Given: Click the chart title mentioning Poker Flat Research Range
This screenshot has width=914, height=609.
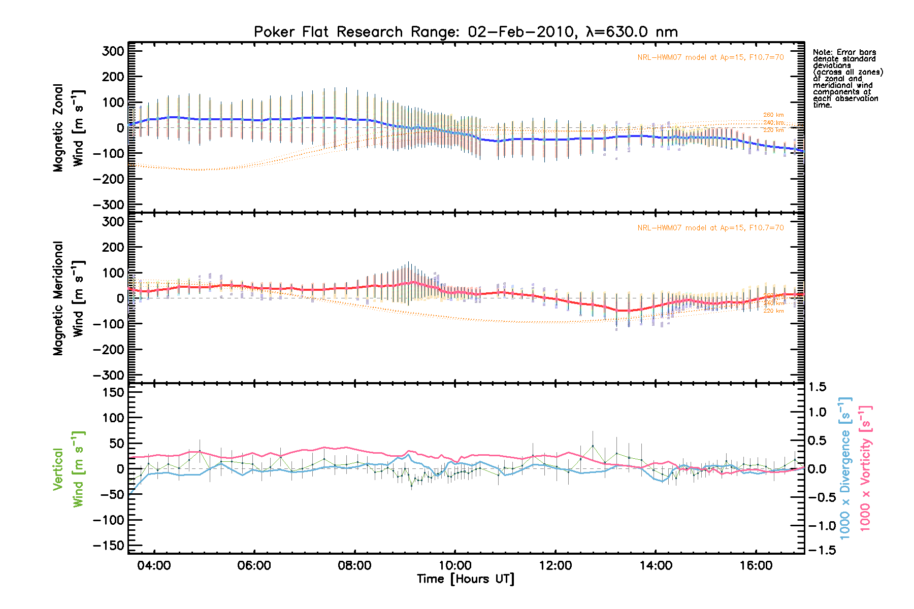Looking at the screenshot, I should (466, 32).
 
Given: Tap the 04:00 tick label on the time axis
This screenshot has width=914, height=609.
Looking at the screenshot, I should (154, 565).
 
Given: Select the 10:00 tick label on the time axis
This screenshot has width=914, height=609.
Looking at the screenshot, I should (455, 565).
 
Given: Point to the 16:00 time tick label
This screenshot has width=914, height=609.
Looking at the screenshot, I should (756, 565).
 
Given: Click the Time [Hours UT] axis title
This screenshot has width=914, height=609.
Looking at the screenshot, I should (466, 579).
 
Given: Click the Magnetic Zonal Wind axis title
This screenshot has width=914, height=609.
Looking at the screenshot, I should (68, 128).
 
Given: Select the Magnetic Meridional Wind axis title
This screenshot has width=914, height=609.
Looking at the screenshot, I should (68, 298).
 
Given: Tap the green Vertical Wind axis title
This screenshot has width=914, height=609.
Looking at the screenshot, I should (68, 469).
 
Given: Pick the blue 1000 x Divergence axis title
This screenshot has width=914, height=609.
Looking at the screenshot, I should (845, 468).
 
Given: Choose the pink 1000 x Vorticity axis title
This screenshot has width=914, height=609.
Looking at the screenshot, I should (865, 468).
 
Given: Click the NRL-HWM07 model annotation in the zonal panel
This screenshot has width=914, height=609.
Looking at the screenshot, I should (710, 57).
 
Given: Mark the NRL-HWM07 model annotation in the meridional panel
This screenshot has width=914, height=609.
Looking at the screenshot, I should (710, 228).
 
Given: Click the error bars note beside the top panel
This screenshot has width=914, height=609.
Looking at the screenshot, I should (847, 78).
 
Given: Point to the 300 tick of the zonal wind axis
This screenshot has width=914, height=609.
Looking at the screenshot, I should (113, 51).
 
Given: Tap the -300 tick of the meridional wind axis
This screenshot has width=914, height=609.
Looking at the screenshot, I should (109, 375).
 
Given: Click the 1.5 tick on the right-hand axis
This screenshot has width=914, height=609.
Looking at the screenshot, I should (817, 387).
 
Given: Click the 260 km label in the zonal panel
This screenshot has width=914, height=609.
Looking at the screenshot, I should (773, 115).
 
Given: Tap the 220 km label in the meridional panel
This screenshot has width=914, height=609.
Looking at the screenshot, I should (773, 311).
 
